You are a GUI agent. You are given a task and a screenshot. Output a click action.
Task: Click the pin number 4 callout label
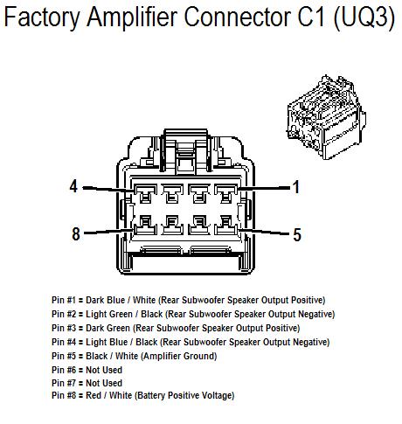(x=73, y=186)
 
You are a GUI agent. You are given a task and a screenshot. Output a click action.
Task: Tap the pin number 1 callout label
(x=295, y=186)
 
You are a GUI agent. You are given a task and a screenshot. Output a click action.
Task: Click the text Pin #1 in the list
(x=66, y=301)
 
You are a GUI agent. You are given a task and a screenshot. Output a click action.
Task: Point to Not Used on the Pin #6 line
(x=104, y=370)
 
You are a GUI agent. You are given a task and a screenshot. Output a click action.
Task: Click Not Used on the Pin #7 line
(x=104, y=383)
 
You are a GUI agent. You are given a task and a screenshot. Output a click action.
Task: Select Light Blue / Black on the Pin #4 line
(x=121, y=342)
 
